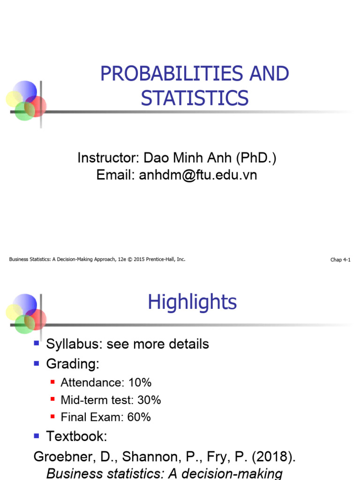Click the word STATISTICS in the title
coord(195,98)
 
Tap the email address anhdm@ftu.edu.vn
coord(198,175)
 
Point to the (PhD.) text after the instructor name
coord(256,158)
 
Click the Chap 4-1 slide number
coord(340,260)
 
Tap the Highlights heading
coord(192,302)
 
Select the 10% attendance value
coord(140,382)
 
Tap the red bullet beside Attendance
coord(52,382)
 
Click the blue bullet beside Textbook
coord(37,436)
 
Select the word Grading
coord(73,363)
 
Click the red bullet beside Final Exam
coord(52,417)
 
